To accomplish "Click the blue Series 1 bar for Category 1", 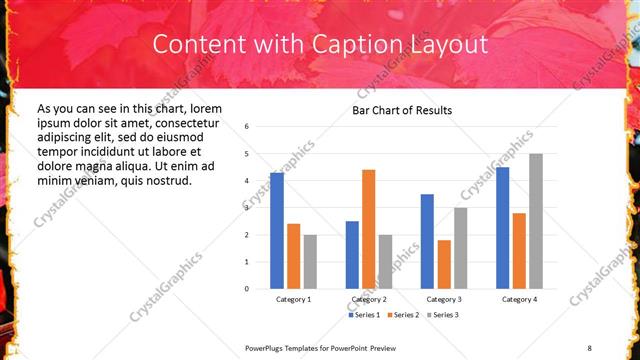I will coord(277,231).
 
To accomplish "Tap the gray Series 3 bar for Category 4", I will coord(536,221).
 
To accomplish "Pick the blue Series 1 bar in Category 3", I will coord(427,241).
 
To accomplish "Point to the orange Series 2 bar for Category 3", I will coord(444,264).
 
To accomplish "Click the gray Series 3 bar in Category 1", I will coord(310,262).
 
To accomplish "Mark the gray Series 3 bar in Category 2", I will coord(386,262).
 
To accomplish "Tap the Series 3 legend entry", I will coord(443,315).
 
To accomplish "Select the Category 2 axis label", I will coord(369,299).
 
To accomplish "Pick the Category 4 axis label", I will coord(519,299).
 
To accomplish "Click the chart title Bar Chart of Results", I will coord(402,110).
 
